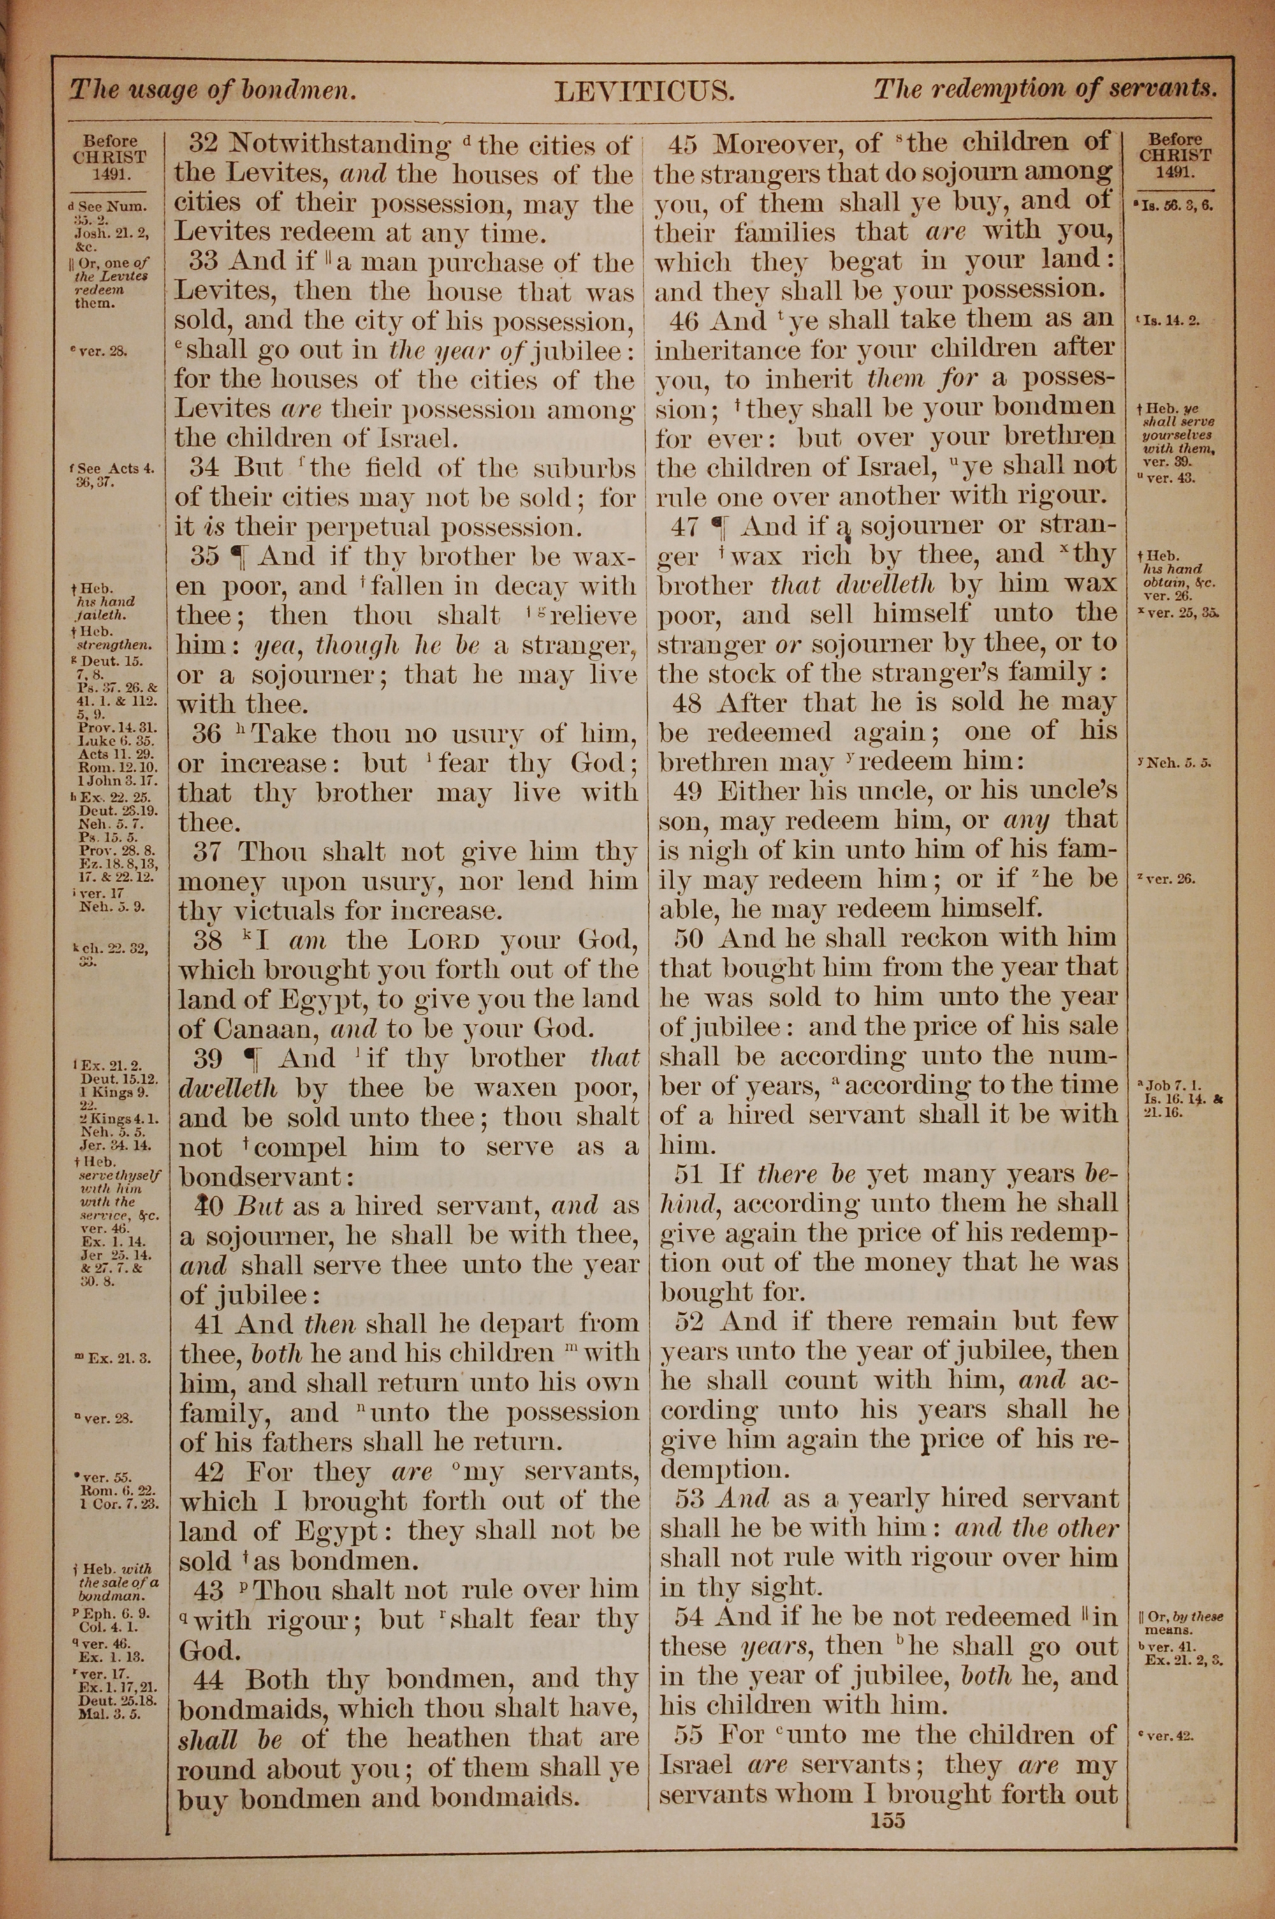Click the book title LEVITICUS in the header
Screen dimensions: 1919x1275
coord(644,91)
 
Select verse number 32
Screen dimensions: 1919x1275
coord(203,145)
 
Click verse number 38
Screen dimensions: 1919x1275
coord(209,940)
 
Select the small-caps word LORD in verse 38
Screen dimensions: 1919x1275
coord(444,941)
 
